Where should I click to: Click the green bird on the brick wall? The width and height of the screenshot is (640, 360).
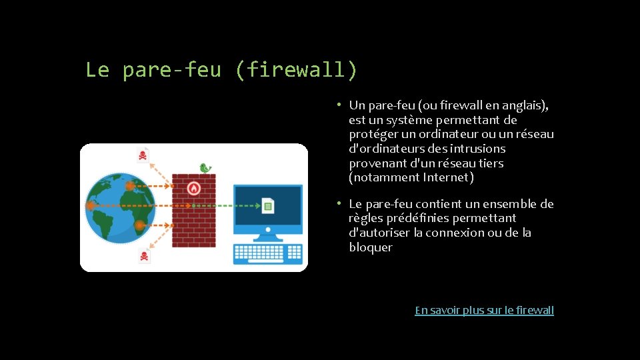(205, 168)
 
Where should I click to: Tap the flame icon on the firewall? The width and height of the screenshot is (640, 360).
(194, 188)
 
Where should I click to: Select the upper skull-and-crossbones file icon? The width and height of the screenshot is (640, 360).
(143, 156)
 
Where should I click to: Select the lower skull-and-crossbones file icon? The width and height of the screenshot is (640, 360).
(144, 255)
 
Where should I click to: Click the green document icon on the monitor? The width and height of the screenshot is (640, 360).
(267, 205)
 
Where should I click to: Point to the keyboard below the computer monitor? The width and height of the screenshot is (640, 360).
(268, 254)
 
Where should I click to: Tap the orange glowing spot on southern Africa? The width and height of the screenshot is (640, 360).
(139, 225)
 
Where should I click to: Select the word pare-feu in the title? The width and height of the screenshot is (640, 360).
(171, 69)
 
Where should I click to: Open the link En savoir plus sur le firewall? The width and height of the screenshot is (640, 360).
(484, 310)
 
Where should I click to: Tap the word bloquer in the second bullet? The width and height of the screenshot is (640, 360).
(371, 247)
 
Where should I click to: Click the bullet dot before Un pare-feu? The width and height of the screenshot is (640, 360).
(339, 105)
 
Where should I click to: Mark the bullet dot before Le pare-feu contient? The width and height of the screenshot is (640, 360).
(339, 203)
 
